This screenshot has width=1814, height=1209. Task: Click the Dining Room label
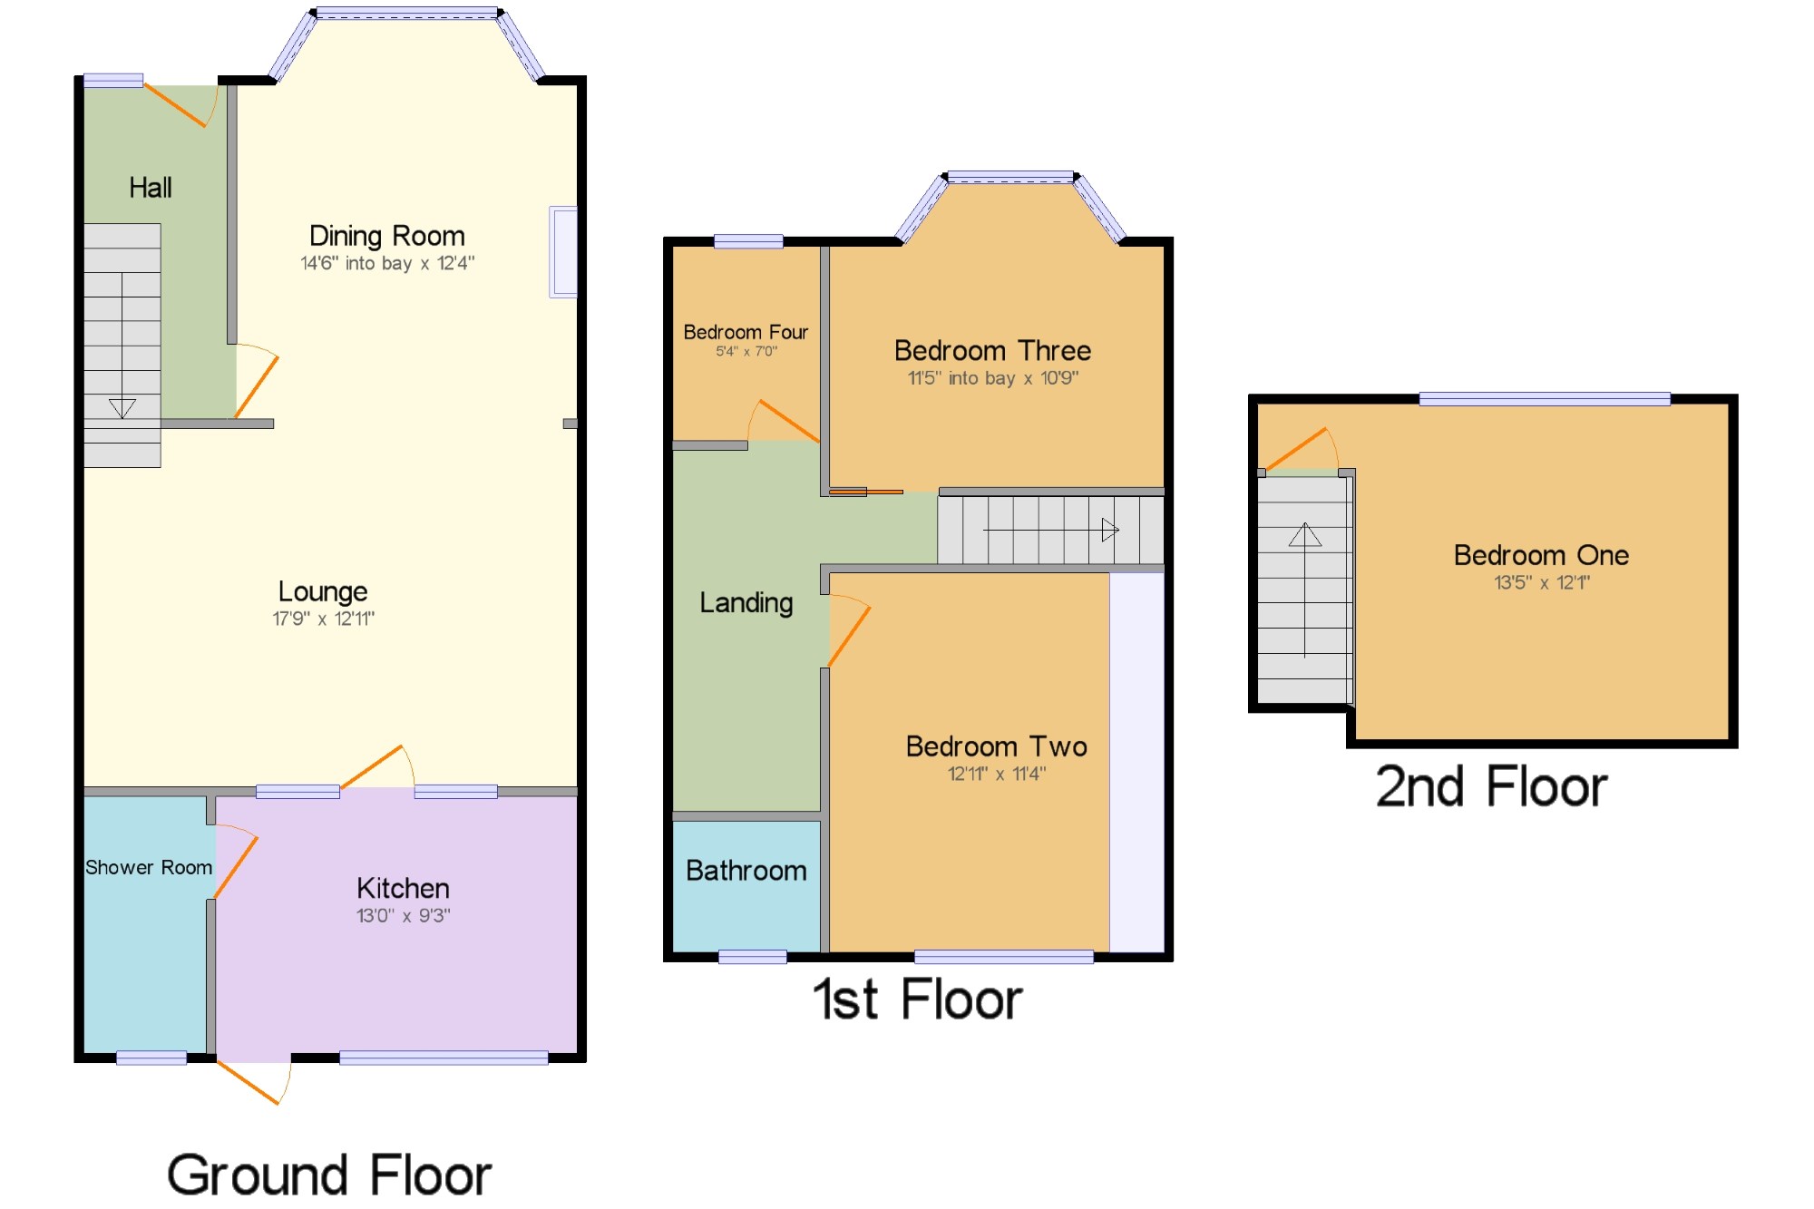coord(387,236)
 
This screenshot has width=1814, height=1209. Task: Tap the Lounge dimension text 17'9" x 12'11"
coord(323,619)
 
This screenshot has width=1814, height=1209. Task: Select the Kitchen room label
coord(403,888)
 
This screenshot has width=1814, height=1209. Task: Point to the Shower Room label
coord(149,867)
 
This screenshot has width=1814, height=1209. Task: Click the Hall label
coord(151,188)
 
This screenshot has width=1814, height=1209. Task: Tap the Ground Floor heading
coord(328,1175)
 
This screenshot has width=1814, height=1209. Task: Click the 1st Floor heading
coord(917,999)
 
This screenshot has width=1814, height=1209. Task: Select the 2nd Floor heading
coord(1491,786)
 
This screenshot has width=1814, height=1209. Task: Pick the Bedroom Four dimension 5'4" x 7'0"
coord(746,351)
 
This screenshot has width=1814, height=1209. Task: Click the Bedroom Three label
coord(992,350)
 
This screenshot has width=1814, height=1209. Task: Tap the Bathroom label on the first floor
coord(746,871)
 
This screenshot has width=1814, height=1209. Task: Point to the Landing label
coord(746,603)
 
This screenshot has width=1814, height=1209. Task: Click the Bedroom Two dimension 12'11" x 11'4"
coord(996,774)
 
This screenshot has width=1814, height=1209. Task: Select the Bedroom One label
coord(1541,555)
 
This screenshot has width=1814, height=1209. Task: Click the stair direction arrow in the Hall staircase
coord(122,407)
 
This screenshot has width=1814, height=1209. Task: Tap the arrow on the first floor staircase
coord(1109,530)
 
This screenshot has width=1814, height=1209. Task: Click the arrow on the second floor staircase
coord(1305,535)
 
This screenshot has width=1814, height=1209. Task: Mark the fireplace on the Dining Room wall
coord(563,252)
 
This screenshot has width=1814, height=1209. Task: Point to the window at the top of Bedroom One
coord(1545,399)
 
